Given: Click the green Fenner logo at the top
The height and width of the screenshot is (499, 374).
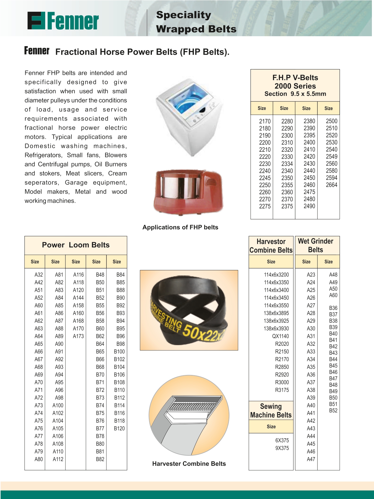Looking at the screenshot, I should [x=63, y=21].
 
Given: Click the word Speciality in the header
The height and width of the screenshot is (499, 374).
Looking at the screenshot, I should [x=184, y=15].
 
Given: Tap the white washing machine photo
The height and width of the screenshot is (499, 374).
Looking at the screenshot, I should [x=189, y=117].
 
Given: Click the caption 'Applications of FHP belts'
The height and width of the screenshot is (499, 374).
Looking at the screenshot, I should [x=180, y=227].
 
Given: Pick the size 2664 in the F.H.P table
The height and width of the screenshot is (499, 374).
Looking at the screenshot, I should [x=332, y=185].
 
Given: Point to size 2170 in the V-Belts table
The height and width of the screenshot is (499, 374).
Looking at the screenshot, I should [x=265, y=121].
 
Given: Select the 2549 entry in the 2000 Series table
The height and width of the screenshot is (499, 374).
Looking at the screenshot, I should [x=332, y=157].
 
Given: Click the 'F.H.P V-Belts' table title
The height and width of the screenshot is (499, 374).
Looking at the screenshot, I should [x=295, y=78].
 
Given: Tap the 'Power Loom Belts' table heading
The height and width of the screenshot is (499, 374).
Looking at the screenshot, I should [x=76, y=245].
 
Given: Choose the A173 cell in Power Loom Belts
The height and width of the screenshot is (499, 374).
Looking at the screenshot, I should [x=78, y=336].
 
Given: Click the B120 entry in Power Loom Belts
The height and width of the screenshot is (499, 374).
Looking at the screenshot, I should [x=119, y=428].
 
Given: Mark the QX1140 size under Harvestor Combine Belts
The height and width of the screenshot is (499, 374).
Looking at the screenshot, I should [x=280, y=336].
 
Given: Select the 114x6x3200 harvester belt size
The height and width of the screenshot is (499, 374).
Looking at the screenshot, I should [x=276, y=275].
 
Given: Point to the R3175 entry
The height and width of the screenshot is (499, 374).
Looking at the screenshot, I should [x=282, y=390].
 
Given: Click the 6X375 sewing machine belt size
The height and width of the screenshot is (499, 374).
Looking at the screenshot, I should [x=282, y=440].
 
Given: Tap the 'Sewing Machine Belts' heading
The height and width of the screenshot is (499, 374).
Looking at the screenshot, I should [x=271, y=411].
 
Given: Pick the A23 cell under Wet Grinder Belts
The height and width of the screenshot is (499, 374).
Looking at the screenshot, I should [x=311, y=275].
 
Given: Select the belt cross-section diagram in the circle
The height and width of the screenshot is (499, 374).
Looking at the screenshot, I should [x=189, y=415].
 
